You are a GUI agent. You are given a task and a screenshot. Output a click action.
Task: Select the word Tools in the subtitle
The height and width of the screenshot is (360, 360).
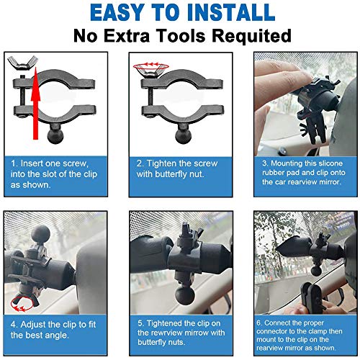[x=188, y=36]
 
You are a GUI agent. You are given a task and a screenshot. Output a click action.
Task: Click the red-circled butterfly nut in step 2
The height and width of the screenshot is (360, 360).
[x=149, y=67]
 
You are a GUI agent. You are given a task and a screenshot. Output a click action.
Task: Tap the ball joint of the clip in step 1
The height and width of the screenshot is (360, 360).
[x=57, y=135]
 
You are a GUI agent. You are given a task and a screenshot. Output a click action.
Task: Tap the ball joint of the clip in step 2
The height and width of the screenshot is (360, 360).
[x=183, y=135]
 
